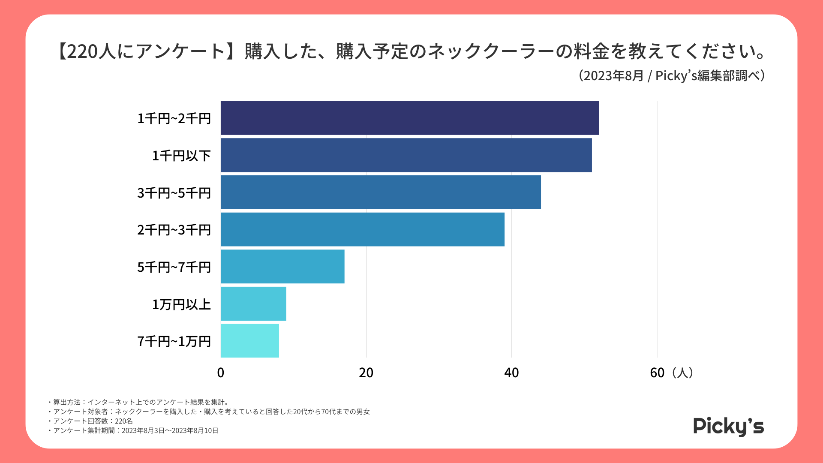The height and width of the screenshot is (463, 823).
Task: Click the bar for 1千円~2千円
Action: click(x=409, y=118)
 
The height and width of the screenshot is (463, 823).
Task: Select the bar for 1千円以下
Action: click(x=406, y=155)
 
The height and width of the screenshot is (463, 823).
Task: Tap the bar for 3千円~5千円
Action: click(x=381, y=192)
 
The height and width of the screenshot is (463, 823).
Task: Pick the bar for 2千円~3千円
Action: click(x=362, y=229)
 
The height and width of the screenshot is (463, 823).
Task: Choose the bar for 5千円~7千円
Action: click(x=282, y=267)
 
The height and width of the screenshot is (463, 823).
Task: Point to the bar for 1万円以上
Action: click(x=253, y=304)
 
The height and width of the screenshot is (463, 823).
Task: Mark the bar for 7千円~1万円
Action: click(x=249, y=341)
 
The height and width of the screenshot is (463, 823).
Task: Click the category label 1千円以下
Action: click(x=181, y=156)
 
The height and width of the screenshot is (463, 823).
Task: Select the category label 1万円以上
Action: click(x=181, y=304)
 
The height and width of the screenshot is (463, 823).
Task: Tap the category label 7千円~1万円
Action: click(x=174, y=342)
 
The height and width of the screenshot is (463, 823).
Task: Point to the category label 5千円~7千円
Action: click(x=174, y=268)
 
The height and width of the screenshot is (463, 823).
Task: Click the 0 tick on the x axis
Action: click(x=221, y=373)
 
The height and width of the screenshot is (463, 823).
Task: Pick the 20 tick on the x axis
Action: click(x=366, y=373)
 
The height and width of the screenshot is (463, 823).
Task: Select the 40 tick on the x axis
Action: click(x=511, y=373)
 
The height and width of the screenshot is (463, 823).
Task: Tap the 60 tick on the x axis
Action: click(x=657, y=373)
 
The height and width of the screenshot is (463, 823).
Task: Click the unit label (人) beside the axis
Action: click(x=682, y=373)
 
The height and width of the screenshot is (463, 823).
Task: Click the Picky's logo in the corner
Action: click(x=728, y=427)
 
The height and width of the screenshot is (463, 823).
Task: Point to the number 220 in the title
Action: click(x=82, y=51)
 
